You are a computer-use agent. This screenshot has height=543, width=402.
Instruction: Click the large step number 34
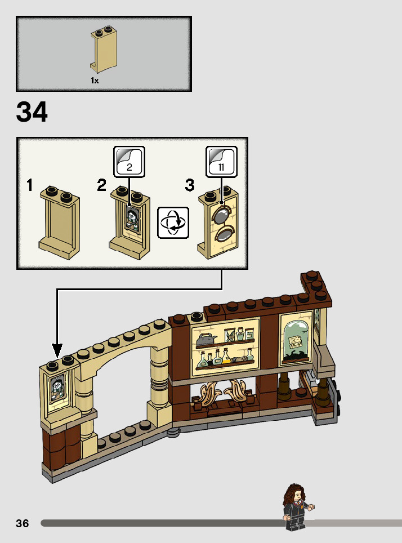(x=32, y=112)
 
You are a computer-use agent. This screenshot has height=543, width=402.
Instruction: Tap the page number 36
(x=23, y=523)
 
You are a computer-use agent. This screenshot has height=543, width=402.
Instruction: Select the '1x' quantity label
(x=95, y=81)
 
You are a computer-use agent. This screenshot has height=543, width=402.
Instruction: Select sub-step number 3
(x=190, y=185)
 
